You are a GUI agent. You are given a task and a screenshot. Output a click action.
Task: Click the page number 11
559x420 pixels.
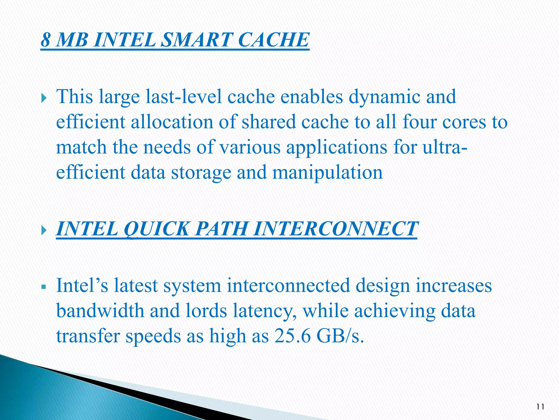tap(540, 407)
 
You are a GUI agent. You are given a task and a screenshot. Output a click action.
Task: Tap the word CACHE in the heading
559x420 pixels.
tap(274, 40)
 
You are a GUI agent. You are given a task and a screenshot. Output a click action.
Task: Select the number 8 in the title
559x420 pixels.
tap(46, 40)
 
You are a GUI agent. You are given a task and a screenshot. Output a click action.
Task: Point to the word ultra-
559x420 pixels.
tap(445, 147)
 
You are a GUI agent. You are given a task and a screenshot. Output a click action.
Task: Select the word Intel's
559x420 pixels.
tap(82, 285)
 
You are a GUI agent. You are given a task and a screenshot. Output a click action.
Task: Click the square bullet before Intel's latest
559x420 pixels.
tap(44, 287)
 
